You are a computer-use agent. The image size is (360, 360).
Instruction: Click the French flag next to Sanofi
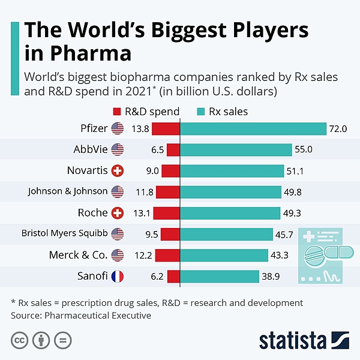click(117, 277)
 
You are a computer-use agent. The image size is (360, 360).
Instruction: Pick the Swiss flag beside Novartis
click(117, 171)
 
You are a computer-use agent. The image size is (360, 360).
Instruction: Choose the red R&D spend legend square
click(117, 111)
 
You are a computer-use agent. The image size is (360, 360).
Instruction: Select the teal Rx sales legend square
click(201, 111)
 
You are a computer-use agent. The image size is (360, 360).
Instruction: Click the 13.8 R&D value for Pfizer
click(140, 129)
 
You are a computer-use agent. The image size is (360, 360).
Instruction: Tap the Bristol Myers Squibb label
click(64, 234)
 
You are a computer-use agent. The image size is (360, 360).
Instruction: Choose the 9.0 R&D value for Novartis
click(152, 171)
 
